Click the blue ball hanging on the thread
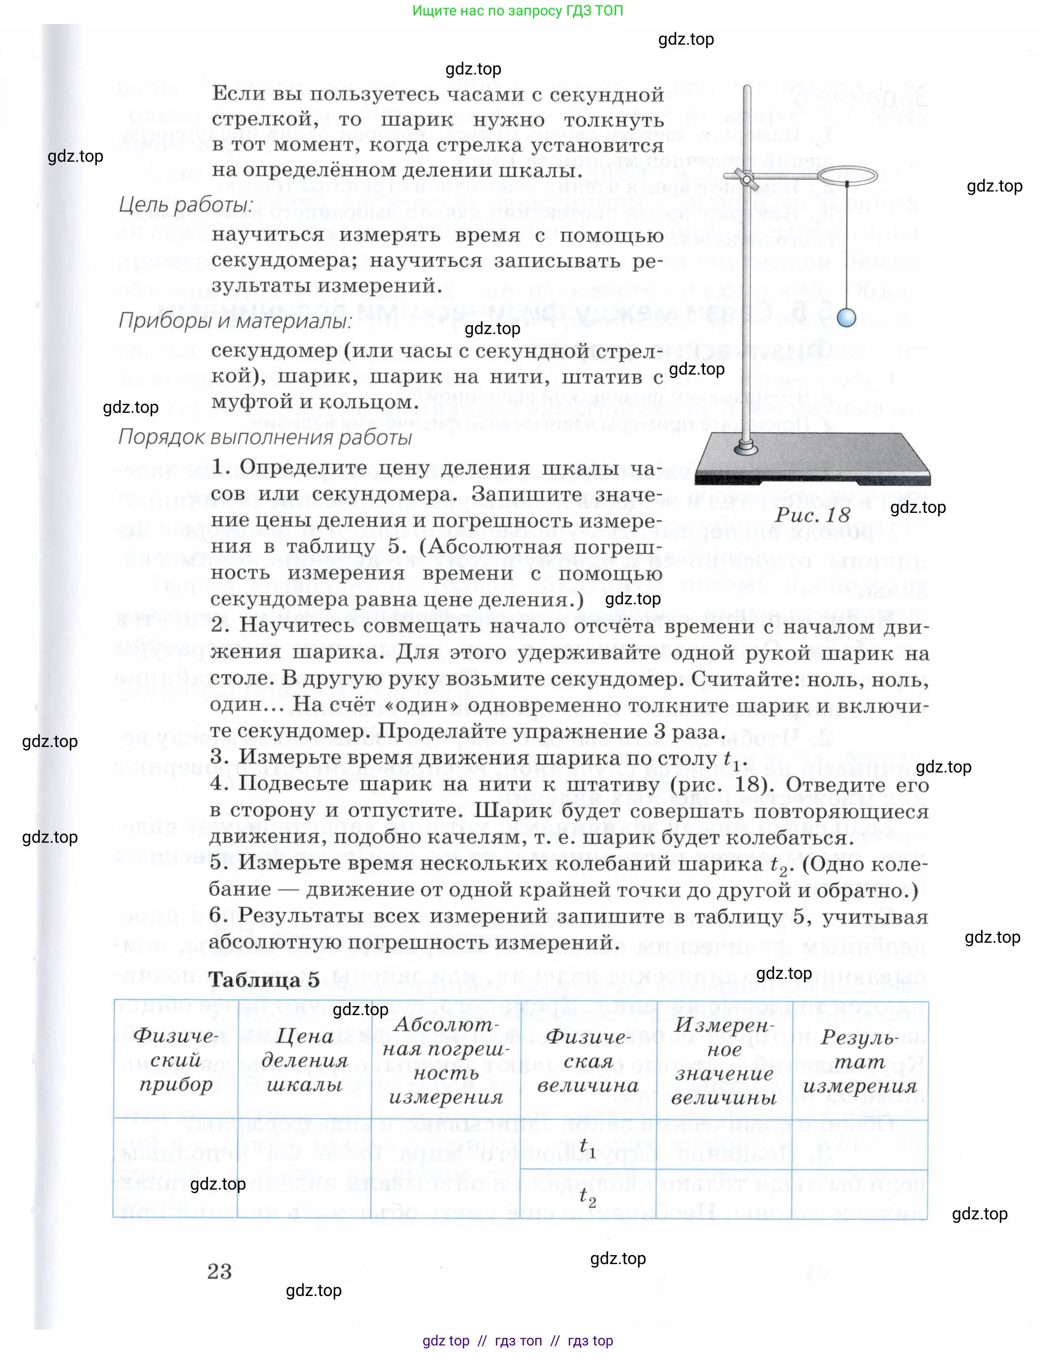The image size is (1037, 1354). tap(847, 318)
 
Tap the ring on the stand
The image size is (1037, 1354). tap(847, 176)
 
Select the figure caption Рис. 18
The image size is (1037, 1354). tap(812, 514)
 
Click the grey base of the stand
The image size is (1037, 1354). tap(812, 460)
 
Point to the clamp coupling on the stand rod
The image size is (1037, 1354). tap(748, 179)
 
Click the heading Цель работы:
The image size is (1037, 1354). tap(185, 205)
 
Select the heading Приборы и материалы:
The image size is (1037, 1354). tap(235, 321)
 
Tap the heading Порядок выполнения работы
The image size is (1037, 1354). tap(265, 437)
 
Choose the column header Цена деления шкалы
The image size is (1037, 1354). tap(304, 1060)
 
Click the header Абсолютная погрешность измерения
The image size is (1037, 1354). tap(446, 1060)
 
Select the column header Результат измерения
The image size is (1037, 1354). tap(859, 1061)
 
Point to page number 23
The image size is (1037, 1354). tap(219, 1272)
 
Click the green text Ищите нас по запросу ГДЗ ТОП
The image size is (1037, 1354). tap(517, 11)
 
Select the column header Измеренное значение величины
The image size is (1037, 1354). tap(724, 1060)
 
